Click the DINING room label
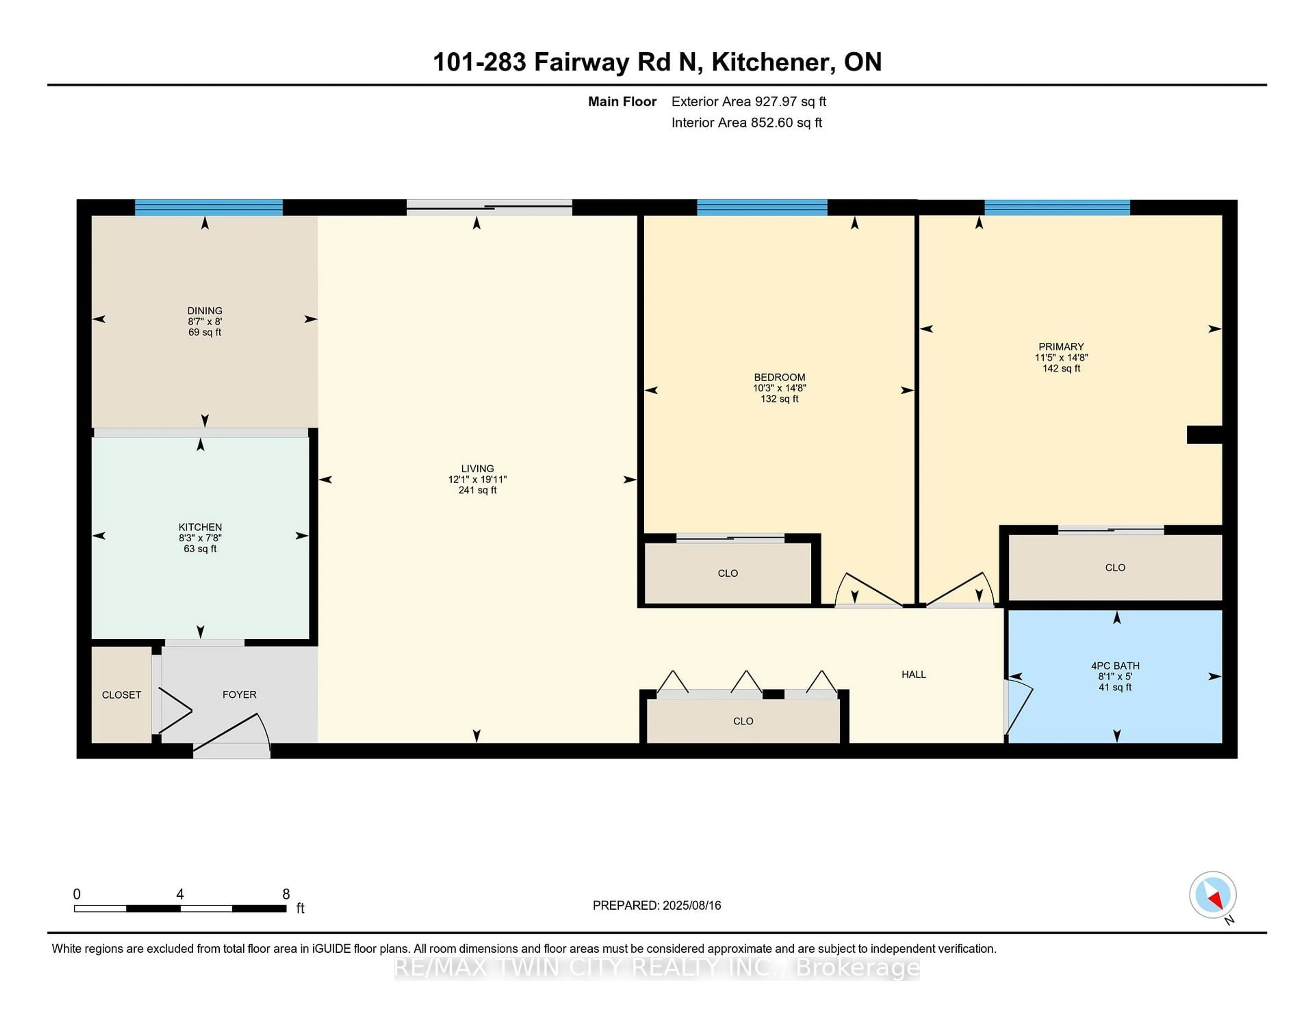pyautogui.click(x=205, y=310)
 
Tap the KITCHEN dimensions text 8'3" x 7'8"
pyautogui.click(x=200, y=538)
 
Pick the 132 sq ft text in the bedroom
pyautogui.click(x=779, y=399)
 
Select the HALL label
pyautogui.click(x=913, y=674)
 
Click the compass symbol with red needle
pyautogui.click(x=1212, y=894)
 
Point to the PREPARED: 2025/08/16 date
pyautogui.click(x=656, y=905)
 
